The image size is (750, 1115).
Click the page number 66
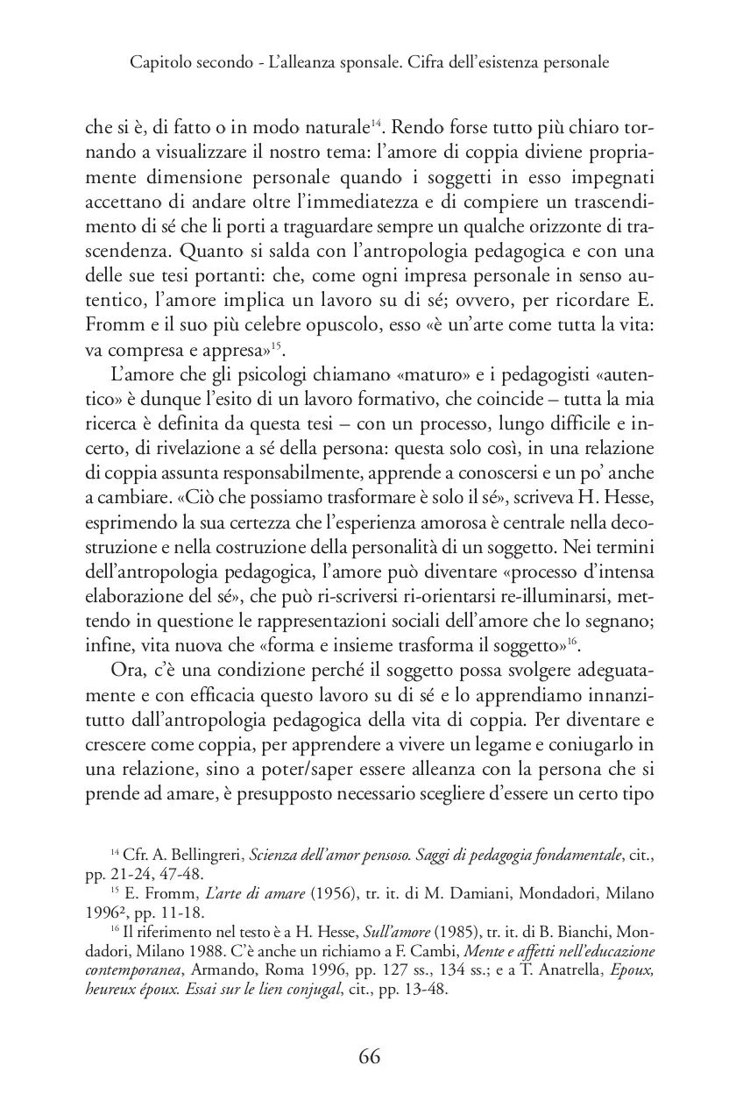[369, 1055]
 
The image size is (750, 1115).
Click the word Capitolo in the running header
[158, 63]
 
